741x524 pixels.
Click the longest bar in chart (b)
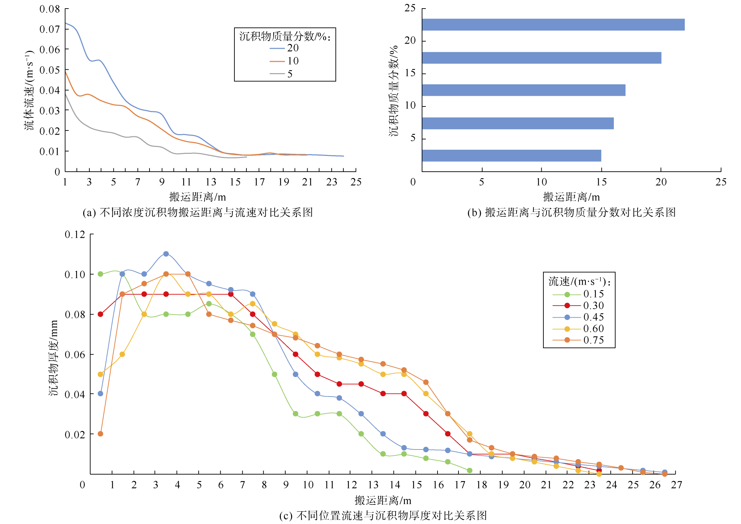(x=553, y=25)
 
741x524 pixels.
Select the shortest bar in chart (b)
(x=511, y=156)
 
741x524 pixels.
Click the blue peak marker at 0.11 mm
(x=166, y=254)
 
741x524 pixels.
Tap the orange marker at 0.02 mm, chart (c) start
(x=100, y=434)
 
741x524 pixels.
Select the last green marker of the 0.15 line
(x=469, y=470)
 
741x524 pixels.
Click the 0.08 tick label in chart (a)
(x=49, y=9)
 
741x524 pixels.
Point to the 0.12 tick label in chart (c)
(x=75, y=235)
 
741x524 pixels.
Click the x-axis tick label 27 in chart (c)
(x=676, y=485)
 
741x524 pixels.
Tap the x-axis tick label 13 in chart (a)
(x=211, y=182)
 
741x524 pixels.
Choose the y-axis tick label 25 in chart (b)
(x=410, y=8)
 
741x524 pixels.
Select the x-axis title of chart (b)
(x=571, y=197)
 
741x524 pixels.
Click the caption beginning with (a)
(x=198, y=213)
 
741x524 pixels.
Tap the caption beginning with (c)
(x=383, y=515)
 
